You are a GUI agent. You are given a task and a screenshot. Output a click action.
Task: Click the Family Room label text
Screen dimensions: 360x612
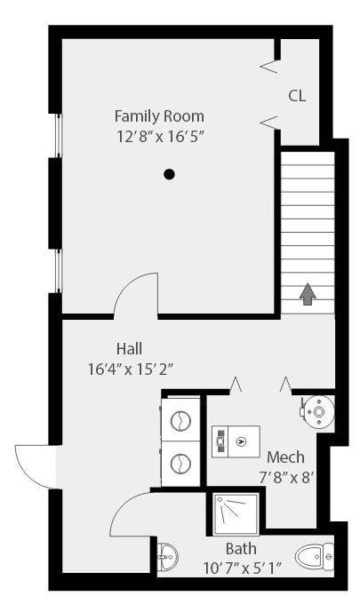tap(159, 116)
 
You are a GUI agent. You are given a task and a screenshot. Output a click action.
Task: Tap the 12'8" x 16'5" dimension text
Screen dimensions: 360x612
tap(161, 137)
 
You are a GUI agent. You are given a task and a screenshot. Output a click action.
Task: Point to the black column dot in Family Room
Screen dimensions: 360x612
tap(169, 174)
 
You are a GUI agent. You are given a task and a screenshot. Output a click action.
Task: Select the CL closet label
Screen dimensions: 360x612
tap(297, 96)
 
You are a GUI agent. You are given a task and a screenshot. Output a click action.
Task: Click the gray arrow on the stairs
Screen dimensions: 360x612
tap(308, 294)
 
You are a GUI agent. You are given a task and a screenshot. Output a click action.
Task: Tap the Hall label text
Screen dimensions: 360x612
tap(129, 348)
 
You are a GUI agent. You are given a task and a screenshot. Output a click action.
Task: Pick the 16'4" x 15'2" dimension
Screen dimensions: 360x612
tap(131, 370)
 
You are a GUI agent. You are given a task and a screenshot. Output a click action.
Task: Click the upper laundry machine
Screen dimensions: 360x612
tap(180, 419)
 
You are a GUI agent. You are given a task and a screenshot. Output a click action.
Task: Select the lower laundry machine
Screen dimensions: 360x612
tap(180, 464)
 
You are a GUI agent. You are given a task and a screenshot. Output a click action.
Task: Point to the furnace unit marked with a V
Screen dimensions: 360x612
tap(236, 441)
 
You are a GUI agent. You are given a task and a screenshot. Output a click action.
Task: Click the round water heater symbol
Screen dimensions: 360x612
tap(318, 412)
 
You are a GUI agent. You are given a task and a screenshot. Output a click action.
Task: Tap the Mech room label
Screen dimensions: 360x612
tap(286, 457)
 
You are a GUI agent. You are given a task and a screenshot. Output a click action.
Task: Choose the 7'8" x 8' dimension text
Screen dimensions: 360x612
tap(286, 477)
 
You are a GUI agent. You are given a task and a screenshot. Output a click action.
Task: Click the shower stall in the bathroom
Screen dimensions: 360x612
tap(236, 514)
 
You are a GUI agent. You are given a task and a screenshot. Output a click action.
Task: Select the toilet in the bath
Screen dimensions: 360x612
tap(315, 556)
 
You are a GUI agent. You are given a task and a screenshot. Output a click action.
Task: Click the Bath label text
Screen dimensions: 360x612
tap(241, 548)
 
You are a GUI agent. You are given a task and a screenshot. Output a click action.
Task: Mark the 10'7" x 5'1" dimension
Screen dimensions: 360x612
tap(242, 568)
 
